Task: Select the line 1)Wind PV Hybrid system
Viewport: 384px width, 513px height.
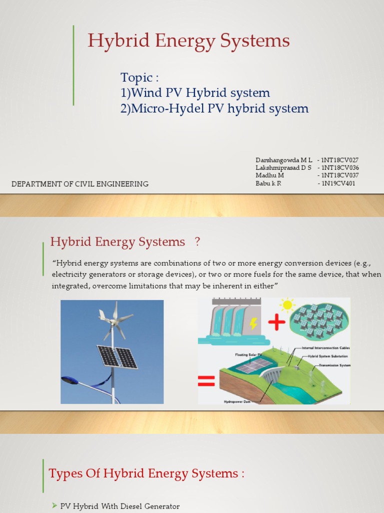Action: [x=195, y=93]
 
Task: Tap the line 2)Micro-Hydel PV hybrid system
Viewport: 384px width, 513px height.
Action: [x=214, y=109]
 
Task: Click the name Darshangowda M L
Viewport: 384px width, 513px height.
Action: [x=283, y=160]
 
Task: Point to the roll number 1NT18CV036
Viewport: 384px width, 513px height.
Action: [x=340, y=168]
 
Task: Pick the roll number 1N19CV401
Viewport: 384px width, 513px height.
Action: [x=338, y=183]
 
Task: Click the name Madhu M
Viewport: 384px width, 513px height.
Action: [x=269, y=175]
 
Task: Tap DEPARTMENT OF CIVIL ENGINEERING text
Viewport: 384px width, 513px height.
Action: [x=80, y=184]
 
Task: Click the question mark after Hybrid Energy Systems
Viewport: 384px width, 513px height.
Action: [x=197, y=242]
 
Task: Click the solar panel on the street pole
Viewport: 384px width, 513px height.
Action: [x=117, y=356]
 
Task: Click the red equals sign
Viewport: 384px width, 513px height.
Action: [x=206, y=383]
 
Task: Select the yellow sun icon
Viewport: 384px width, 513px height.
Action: [x=287, y=305]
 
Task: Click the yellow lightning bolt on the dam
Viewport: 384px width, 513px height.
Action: [x=253, y=324]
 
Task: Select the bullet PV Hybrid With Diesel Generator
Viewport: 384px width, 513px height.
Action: [x=119, y=506]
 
